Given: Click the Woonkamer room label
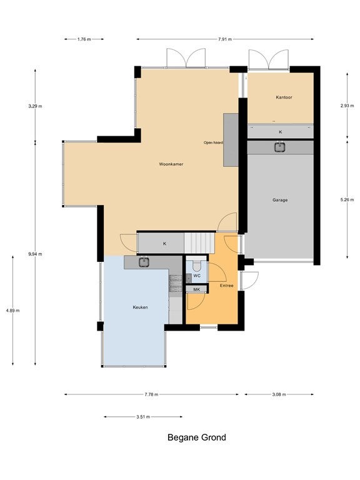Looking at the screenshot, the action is [171, 164].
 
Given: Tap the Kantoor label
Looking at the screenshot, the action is [284, 97].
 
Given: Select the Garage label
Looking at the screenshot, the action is [280, 200].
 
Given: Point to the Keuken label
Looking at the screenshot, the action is [140, 307].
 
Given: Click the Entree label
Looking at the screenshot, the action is [226, 286].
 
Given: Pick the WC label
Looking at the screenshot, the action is [197, 276].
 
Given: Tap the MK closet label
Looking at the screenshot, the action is [196, 289].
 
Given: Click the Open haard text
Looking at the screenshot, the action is [213, 142].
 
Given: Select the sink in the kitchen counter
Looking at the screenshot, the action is [144, 262].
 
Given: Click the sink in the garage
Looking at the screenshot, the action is [279, 147].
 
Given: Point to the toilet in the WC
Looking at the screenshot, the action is [196, 266].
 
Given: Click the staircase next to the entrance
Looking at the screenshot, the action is [199, 242].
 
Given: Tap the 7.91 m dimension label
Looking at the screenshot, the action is [225, 39].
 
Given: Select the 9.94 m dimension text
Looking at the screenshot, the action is [35, 254].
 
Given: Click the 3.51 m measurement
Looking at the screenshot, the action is [143, 417].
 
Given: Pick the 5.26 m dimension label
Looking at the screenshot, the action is [347, 199].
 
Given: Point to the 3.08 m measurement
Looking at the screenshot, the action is [279, 394].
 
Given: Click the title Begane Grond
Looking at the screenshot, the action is [196, 437].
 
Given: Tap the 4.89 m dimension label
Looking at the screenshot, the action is [12, 311].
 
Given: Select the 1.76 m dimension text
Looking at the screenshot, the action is [84, 39].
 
